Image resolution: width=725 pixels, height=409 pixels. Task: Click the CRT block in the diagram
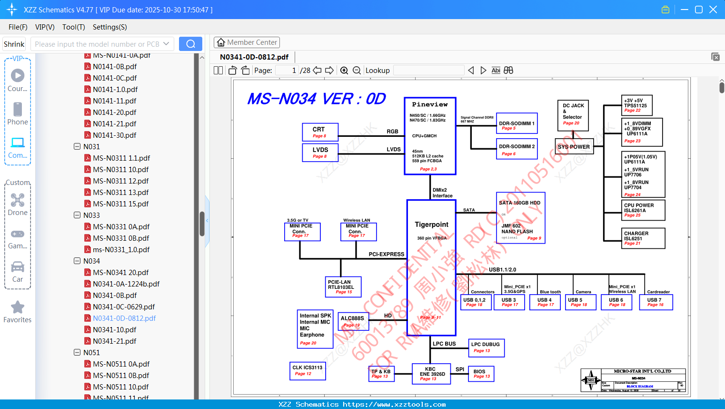[x=320, y=132]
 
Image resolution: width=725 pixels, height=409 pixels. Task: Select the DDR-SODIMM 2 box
[x=516, y=149]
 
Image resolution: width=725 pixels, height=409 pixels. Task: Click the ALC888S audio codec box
[x=353, y=321]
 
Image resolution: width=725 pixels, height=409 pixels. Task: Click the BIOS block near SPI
[x=481, y=374]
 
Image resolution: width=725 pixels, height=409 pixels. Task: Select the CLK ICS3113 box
[x=308, y=370]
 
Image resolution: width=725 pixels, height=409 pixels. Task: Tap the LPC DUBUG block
[x=486, y=348]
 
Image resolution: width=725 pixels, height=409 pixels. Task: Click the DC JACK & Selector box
[x=573, y=115]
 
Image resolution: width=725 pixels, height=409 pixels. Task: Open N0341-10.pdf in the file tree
[x=115, y=329]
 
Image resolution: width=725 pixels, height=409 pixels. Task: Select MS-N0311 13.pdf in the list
[x=120, y=192]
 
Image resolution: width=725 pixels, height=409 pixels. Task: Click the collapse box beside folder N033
[x=77, y=215]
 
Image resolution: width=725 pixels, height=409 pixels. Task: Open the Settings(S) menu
[x=109, y=27]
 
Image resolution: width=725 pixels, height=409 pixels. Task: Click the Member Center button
[x=247, y=42]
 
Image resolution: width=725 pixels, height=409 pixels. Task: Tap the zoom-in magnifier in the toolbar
[x=344, y=71]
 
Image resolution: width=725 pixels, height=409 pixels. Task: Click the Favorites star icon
[x=18, y=307]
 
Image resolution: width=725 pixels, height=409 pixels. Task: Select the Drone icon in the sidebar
[x=18, y=201]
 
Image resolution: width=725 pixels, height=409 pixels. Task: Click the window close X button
[x=713, y=10]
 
